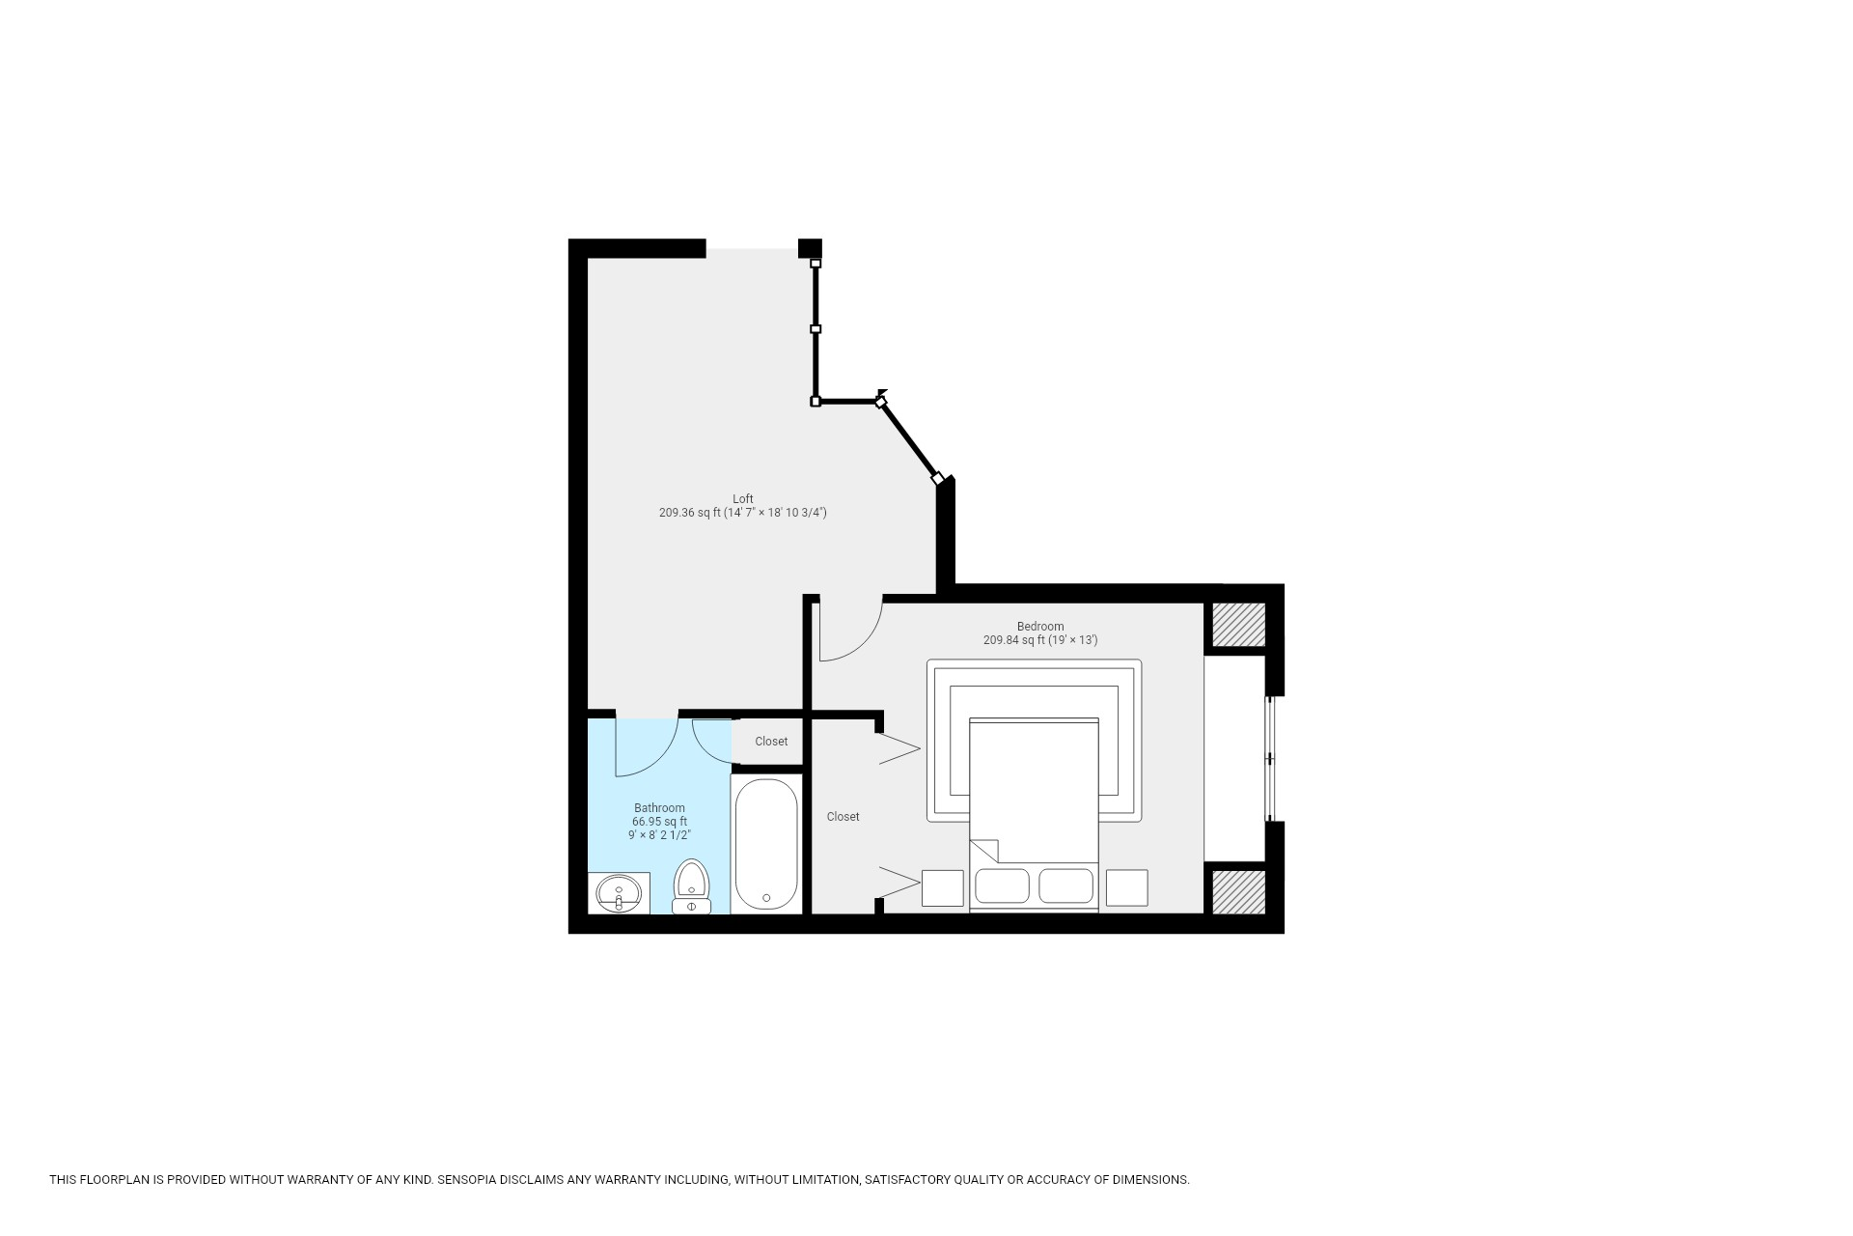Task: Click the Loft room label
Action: tap(742, 499)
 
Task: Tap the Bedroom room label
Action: tap(1039, 627)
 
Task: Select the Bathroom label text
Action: tap(659, 808)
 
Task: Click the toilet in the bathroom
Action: tap(691, 885)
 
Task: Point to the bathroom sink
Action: tap(619, 892)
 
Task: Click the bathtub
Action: tap(766, 844)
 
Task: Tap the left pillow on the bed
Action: tap(1002, 885)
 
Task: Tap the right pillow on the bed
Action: tap(1065, 885)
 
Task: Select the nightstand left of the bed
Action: tap(942, 887)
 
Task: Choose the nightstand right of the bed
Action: tap(1126, 887)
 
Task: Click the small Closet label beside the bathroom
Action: tap(771, 742)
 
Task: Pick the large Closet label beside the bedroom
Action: tap(843, 817)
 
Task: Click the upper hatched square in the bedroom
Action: tap(1238, 625)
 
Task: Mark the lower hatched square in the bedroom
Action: tap(1238, 891)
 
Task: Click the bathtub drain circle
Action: tap(766, 898)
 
